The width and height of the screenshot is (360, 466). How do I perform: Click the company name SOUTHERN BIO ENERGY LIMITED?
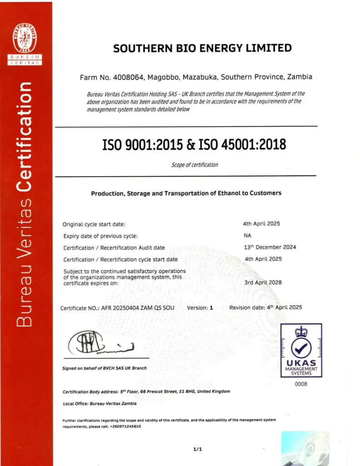pyautogui.click(x=202, y=48)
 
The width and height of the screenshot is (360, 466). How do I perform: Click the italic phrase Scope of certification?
pyautogui.click(x=194, y=165)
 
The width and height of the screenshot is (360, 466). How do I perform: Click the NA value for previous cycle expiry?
pyautogui.click(x=248, y=235)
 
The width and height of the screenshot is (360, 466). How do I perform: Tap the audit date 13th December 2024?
pyautogui.click(x=270, y=247)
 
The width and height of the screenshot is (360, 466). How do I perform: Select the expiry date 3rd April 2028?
pyautogui.click(x=263, y=282)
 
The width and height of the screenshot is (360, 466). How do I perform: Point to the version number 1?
pyautogui.click(x=211, y=308)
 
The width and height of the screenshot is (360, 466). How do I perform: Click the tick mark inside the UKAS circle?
pyautogui.click(x=301, y=348)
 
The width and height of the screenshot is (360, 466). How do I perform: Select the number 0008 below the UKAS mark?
pyautogui.click(x=301, y=384)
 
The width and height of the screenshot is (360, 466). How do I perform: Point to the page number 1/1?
pyautogui.click(x=198, y=449)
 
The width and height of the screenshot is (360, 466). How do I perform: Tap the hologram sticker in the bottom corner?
pyautogui.click(x=305, y=448)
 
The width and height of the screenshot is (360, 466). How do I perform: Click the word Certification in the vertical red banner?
pyautogui.click(x=25, y=137)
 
